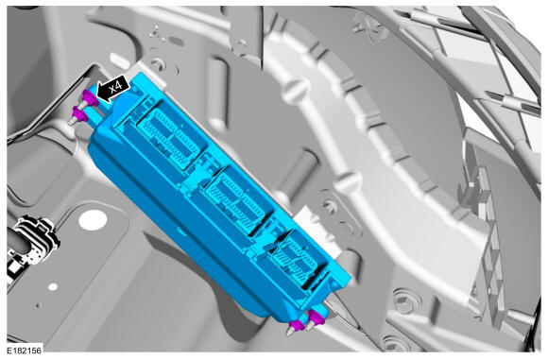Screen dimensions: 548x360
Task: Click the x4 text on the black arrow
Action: [x=116, y=87]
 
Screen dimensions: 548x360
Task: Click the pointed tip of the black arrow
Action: [x=96, y=95]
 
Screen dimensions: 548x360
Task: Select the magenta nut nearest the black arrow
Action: [x=91, y=98]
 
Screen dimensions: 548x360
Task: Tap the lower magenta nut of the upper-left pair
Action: [x=80, y=114]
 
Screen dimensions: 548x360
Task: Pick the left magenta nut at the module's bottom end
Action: [x=298, y=325]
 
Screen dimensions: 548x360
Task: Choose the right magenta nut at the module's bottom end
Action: [x=317, y=317]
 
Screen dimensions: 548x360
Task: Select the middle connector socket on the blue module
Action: [x=238, y=201]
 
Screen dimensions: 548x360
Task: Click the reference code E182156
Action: [x=25, y=351]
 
